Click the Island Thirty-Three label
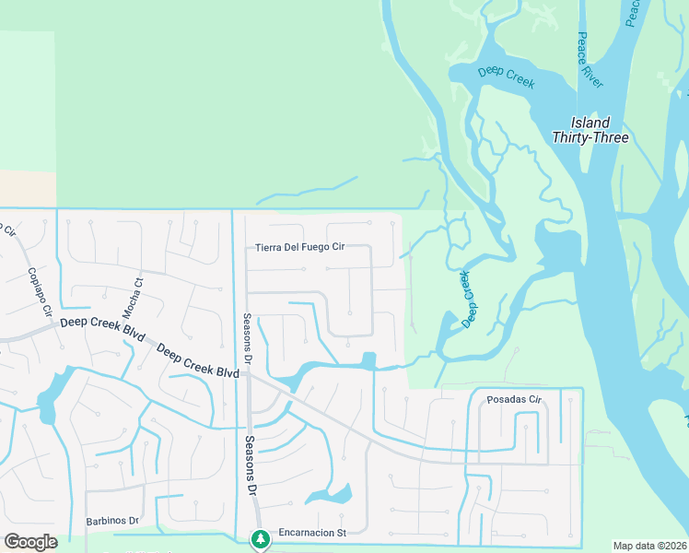coord(590,130)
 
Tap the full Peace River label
coord(590,61)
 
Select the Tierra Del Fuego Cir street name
coord(299,247)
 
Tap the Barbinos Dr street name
coord(111,521)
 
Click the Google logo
coord(30,542)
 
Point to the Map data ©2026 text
coord(648,546)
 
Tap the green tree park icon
coord(261,537)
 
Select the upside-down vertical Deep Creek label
coord(469,299)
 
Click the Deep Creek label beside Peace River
coord(506,76)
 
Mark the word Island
coord(590,123)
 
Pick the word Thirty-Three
coord(590,138)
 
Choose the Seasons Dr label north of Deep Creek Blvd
coord(247,340)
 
